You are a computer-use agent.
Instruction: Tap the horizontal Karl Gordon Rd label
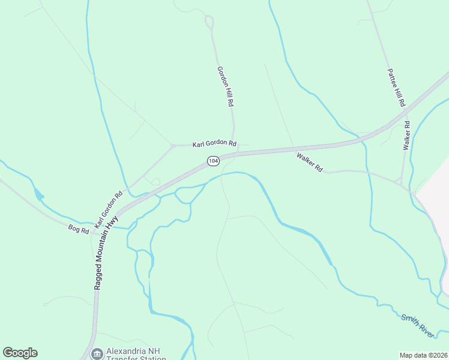pos(214,144)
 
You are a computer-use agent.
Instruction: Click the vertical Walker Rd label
pos(406,136)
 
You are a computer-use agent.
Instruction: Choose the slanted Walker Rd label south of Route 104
pos(310,163)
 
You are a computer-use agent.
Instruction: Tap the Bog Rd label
pos(79,229)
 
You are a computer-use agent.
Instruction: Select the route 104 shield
pos(212,161)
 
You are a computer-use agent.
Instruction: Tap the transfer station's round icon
pos(97,354)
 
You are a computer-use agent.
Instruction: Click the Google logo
pos(20,353)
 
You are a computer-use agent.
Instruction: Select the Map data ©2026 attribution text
pos(423,355)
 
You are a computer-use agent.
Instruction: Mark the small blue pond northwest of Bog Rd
pos(39,194)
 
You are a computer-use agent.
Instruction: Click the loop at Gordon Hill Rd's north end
pos(209,22)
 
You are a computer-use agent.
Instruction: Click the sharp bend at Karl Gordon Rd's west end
pos(172,146)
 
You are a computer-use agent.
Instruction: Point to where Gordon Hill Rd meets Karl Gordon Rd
pos(234,143)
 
